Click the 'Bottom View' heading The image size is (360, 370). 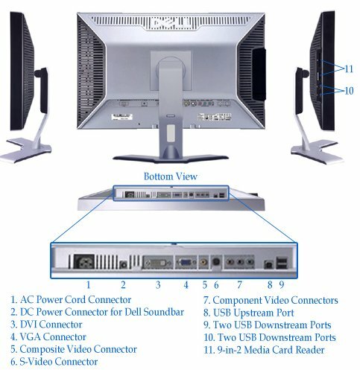click(x=171, y=176)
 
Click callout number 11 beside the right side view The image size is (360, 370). click(x=349, y=68)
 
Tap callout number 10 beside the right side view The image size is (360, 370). click(x=349, y=91)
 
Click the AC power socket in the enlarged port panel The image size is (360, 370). click(x=84, y=261)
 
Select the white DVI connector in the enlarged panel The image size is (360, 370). click(x=157, y=263)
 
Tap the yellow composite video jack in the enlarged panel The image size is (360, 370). click(x=204, y=261)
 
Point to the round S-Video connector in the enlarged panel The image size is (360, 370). click(x=216, y=261)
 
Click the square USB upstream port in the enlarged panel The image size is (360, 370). click(x=269, y=264)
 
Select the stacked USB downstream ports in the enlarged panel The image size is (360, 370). click(x=282, y=263)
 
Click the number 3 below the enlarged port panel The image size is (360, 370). click(x=158, y=285)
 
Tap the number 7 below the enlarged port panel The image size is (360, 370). click(x=239, y=285)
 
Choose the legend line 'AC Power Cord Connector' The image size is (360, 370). click(x=71, y=300)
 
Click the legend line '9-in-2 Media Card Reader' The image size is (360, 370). click(x=264, y=350)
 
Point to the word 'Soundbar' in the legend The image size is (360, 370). click(x=164, y=312)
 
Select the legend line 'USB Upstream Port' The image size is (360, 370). click(x=249, y=313)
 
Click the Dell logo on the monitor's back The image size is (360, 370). click(x=171, y=23)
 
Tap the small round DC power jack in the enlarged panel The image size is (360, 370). click(x=123, y=265)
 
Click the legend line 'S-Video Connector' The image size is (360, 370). click(x=54, y=362)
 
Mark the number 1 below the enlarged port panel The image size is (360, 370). click(x=88, y=285)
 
